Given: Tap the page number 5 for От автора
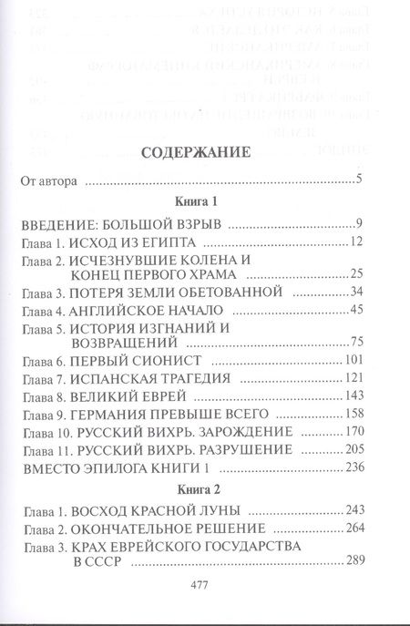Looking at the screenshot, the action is [362, 179].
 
